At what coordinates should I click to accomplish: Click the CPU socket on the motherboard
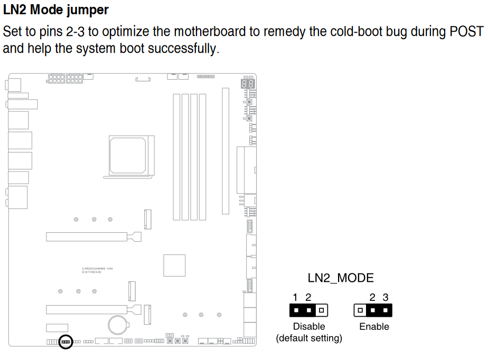(x=129, y=155)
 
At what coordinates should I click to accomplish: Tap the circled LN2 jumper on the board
(x=66, y=342)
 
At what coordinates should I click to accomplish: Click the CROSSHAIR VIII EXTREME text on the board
(x=97, y=270)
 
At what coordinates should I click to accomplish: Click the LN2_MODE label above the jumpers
(x=341, y=278)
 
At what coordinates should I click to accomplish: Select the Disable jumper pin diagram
(x=309, y=310)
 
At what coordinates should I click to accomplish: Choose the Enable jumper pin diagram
(x=373, y=310)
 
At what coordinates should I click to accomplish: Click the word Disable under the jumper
(x=309, y=327)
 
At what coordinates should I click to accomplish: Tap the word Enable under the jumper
(x=374, y=327)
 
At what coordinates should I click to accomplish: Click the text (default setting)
(x=309, y=338)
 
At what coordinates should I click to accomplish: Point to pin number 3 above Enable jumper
(x=386, y=298)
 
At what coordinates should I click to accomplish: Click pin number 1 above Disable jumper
(x=296, y=298)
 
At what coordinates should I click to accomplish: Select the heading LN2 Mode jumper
(x=56, y=10)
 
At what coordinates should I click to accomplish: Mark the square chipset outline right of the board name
(x=174, y=265)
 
